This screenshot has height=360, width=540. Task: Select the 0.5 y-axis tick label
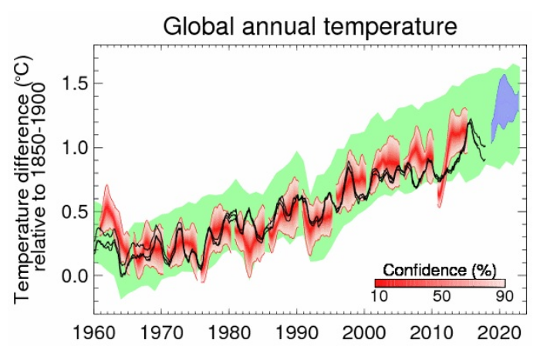[x=69, y=211]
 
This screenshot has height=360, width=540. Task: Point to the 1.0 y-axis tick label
[x=69, y=147]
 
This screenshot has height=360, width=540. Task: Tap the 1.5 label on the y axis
[x=69, y=83]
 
